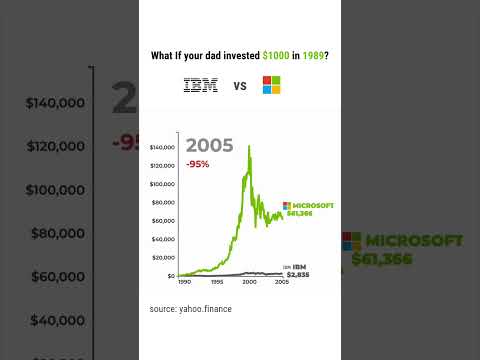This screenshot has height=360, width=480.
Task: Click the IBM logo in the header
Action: [x=201, y=86]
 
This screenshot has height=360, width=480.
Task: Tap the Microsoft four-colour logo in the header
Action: [x=271, y=85]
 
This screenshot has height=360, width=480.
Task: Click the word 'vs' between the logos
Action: [x=240, y=86]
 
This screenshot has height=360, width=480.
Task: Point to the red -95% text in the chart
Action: [x=197, y=164]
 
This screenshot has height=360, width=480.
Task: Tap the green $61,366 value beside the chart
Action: [x=300, y=212]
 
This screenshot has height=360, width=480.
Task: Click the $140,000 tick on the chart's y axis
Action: [x=162, y=147]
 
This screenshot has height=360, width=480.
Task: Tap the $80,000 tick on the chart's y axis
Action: [x=163, y=202]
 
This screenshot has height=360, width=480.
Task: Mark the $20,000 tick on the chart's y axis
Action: [x=163, y=257]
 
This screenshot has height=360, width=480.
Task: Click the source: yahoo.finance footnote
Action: [x=191, y=309]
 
